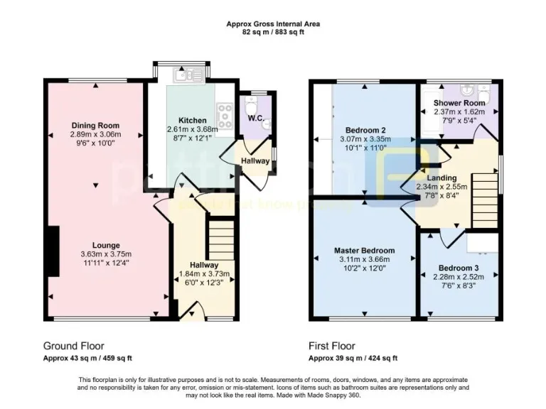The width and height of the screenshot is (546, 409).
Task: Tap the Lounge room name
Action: [x=95, y=246]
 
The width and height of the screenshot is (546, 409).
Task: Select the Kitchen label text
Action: [x=193, y=120]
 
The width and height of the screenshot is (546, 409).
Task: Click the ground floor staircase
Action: [x=220, y=239]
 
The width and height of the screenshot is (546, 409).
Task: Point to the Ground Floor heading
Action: [x=72, y=347]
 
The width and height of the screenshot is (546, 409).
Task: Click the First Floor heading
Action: [x=332, y=347]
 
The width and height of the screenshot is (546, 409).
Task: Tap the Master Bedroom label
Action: [x=365, y=251]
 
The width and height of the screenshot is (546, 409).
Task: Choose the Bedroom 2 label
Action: [x=365, y=131]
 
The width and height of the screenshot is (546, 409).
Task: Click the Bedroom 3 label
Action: [x=458, y=268]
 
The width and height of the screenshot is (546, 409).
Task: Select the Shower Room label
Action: [x=459, y=103]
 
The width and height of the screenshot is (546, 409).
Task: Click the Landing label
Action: [x=441, y=178]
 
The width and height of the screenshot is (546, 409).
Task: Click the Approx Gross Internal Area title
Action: [x=273, y=23]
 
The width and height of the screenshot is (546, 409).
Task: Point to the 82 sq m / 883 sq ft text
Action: [x=273, y=32]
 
